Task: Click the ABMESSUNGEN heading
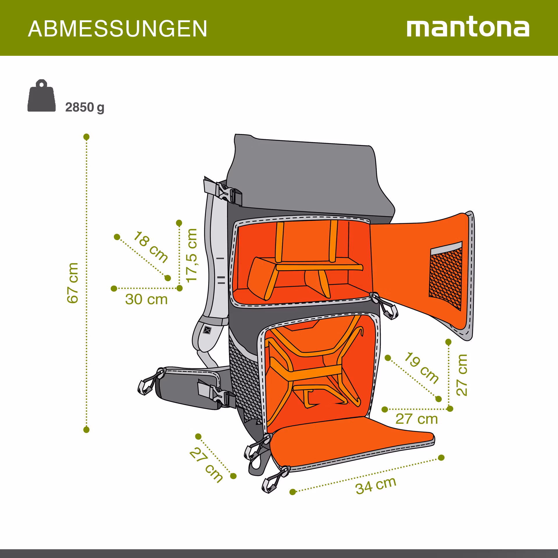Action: pyautogui.click(x=117, y=28)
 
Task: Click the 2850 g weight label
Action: pyautogui.click(x=85, y=108)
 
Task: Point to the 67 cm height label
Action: pyautogui.click(x=73, y=283)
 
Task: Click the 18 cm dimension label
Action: pyautogui.click(x=151, y=247)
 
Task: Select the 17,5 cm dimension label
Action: pyautogui.click(x=192, y=255)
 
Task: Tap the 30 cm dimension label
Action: pyautogui.click(x=146, y=299)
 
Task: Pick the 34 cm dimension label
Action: pyautogui.click(x=376, y=485)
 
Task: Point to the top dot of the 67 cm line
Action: pyautogui.click(x=86, y=137)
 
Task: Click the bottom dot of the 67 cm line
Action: pyautogui.click(x=86, y=430)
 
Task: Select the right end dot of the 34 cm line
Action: pyautogui.click(x=441, y=458)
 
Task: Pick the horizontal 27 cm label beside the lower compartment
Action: pyautogui.click(x=416, y=419)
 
